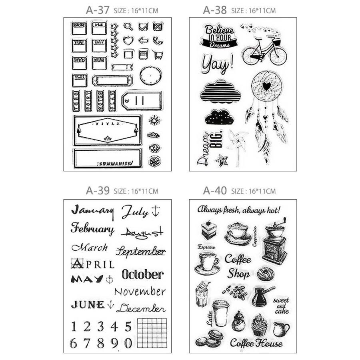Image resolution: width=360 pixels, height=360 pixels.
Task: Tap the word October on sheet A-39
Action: pyautogui.click(x=142, y=274)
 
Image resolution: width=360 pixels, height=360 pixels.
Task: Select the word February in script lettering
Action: pyautogui.click(x=92, y=229)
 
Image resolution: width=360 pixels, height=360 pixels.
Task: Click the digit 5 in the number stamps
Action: pyautogui.click(x=128, y=327)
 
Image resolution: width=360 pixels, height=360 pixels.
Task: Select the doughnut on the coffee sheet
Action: pyautogui.click(x=265, y=274)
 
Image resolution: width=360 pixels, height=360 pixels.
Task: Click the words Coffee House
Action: pyautogui.click(x=256, y=343)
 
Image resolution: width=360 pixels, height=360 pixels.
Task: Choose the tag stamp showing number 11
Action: pyautogui.click(x=142, y=101)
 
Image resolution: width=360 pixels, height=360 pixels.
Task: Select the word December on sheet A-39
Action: pyautogui.click(x=141, y=308)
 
